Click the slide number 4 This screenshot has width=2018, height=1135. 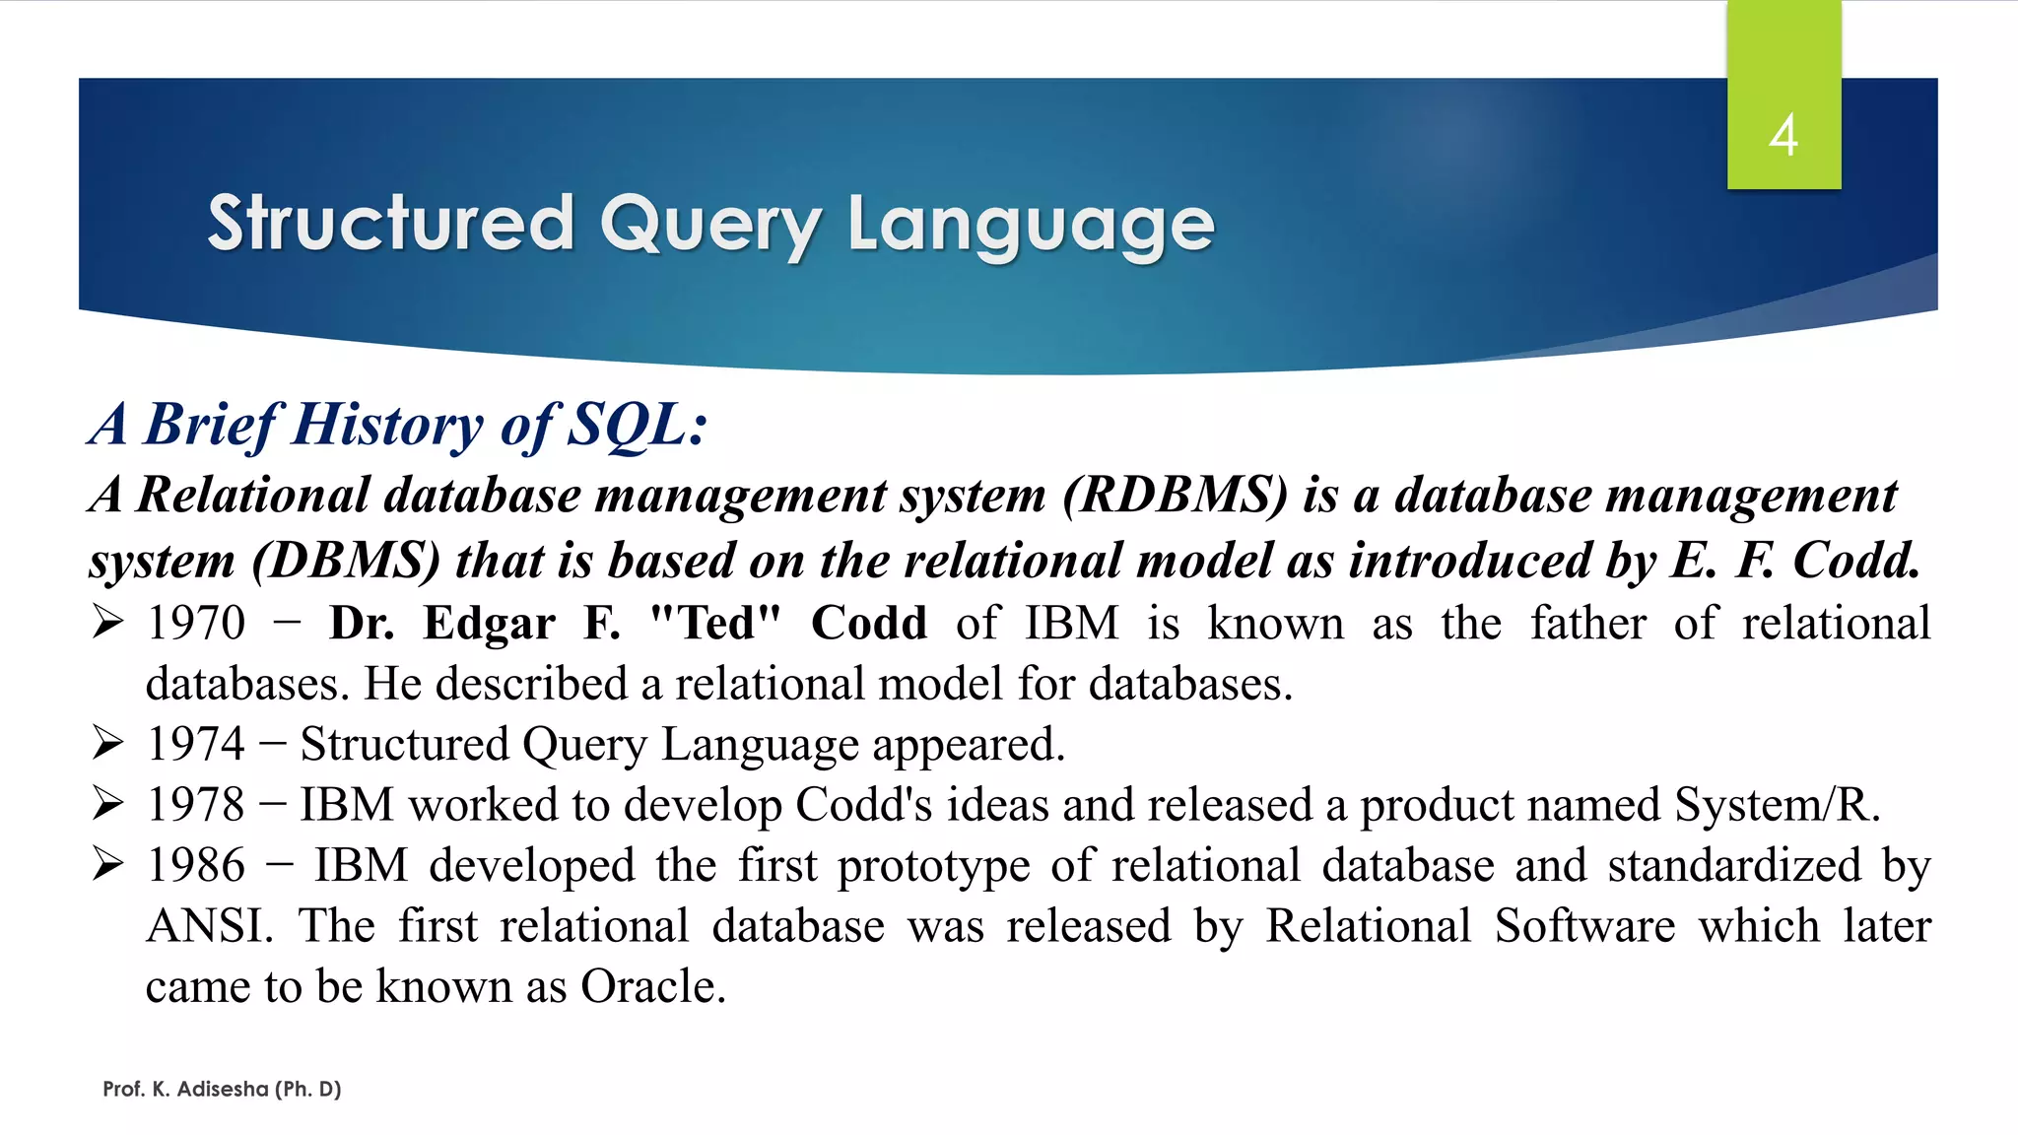[1783, 135]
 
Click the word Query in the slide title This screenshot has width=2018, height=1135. [709, 225]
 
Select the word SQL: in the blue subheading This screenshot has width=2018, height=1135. [639, 426]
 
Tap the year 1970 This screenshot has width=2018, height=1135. [195, 624]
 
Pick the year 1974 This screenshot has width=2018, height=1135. [195, 744]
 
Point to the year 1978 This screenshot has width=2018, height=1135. [195, 805]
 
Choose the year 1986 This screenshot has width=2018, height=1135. [195, 866]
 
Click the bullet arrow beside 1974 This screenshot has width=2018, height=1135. [107, 743]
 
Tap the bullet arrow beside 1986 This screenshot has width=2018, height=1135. [107, 864]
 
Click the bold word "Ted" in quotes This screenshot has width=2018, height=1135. [715, 624]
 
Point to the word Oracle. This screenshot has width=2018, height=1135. [652, 986]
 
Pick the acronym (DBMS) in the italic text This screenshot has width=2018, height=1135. [346, 561]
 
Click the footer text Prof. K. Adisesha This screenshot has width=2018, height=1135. [222, 1089]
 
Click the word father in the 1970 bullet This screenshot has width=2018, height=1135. [1587, 624]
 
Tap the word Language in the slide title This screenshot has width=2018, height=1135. [1031, 225]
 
